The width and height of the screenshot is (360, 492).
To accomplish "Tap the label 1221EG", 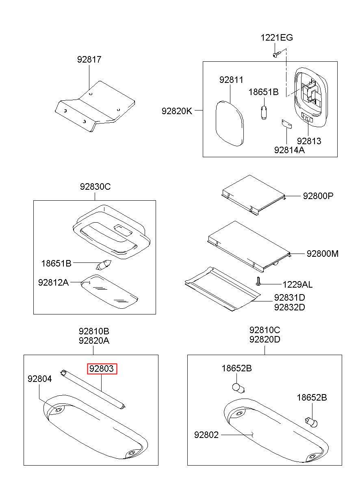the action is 277,37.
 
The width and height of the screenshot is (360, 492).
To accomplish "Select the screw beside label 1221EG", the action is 277,54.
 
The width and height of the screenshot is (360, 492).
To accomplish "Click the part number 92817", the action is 89,59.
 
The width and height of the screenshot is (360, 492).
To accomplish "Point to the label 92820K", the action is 177,111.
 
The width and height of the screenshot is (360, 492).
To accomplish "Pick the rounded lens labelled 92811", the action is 230,124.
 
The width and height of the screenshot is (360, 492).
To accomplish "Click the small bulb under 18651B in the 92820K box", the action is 264,112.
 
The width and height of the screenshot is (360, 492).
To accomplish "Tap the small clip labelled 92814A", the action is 287,124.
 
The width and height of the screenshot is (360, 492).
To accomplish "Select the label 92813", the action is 309,141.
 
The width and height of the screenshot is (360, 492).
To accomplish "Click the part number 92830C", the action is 95,186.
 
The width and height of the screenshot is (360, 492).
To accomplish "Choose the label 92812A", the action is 53,282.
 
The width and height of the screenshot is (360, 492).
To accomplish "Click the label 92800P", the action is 318,195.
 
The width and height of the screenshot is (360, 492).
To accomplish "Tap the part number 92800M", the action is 323,254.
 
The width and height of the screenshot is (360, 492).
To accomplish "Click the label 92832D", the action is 289,307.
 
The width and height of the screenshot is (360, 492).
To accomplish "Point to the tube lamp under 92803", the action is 93,390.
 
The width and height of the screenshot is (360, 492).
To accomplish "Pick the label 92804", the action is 40,379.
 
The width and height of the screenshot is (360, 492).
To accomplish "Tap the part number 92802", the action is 206,435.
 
